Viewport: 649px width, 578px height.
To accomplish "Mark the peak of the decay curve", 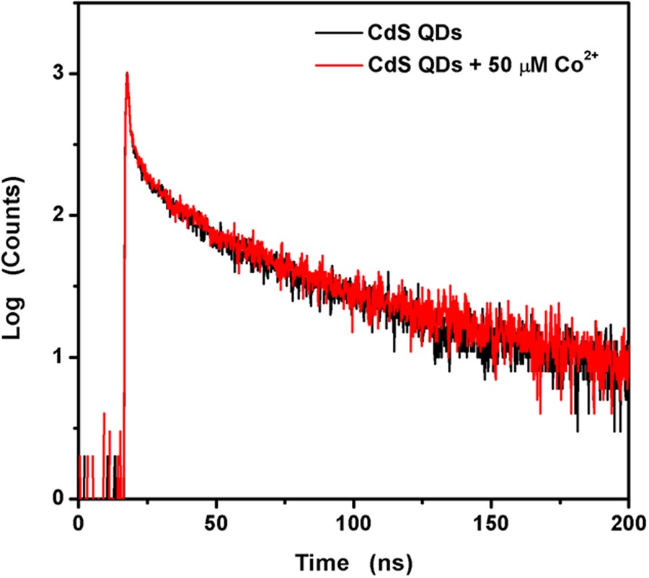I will tap(127, 73).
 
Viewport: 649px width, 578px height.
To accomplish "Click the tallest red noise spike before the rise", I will tap(105, 414).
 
